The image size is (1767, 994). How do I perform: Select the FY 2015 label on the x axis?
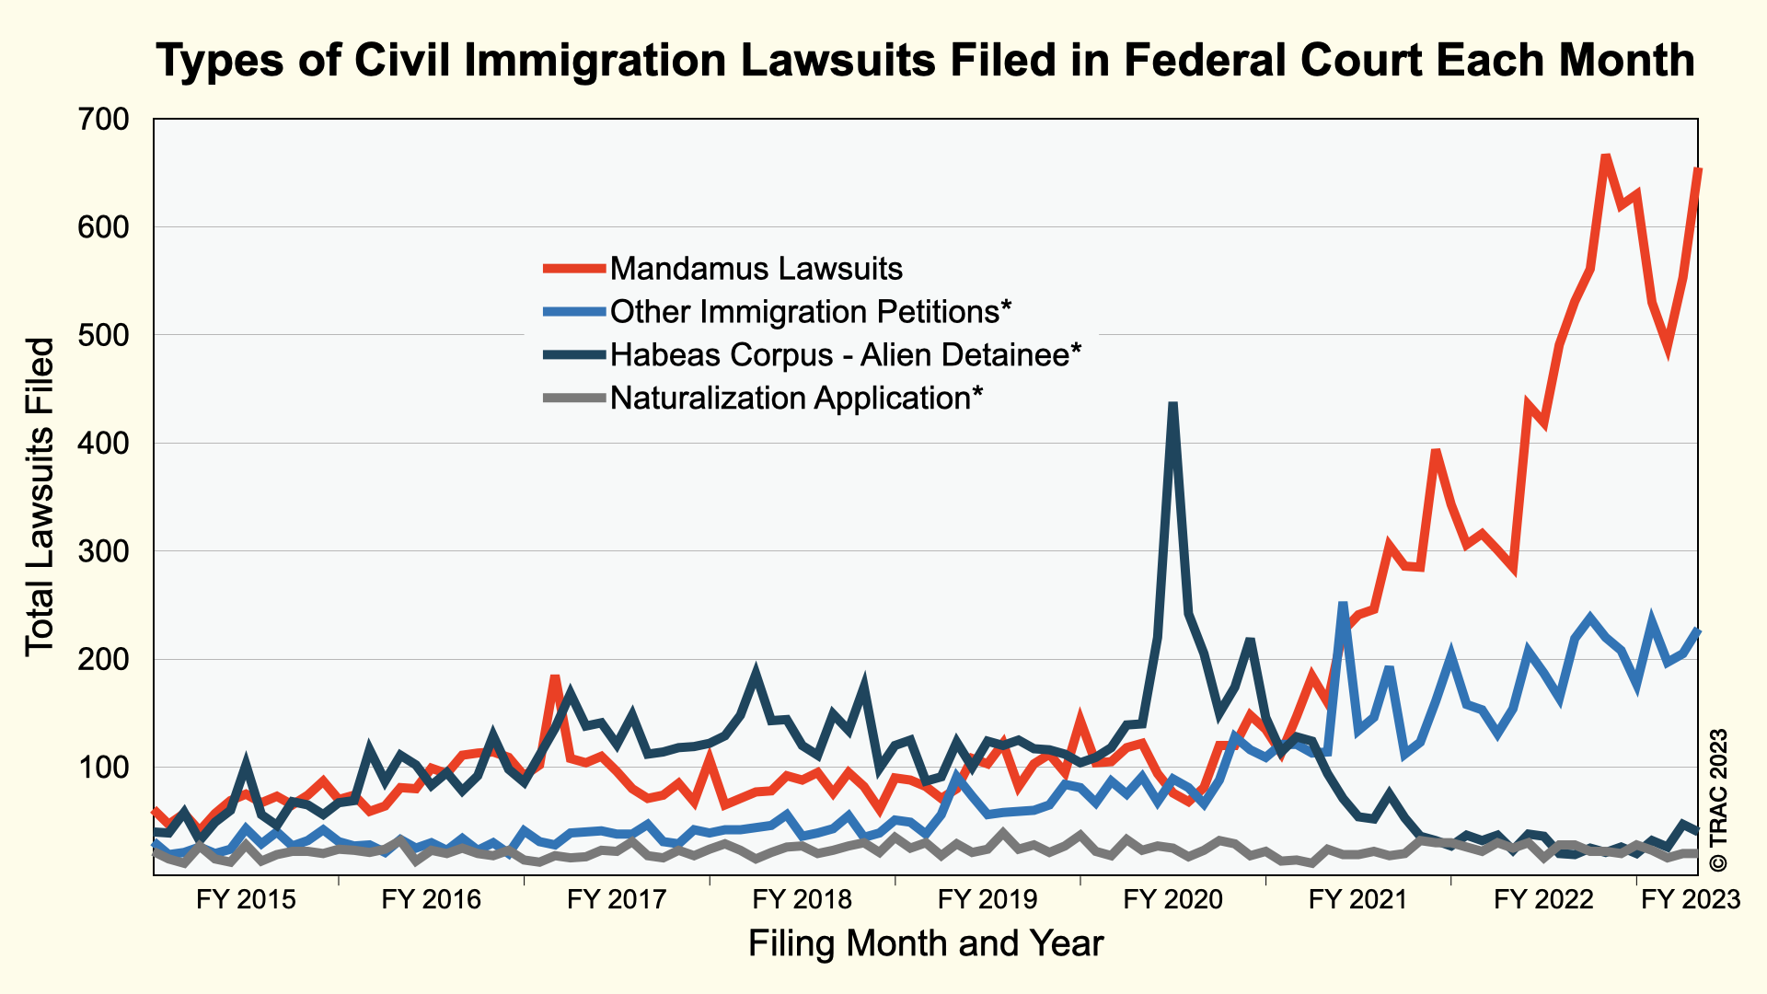246,899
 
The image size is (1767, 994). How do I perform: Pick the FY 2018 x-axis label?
803,899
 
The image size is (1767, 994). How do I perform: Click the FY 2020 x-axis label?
1173,899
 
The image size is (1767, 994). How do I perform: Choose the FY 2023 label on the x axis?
1692,899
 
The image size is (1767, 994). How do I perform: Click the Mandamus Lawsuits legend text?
756,269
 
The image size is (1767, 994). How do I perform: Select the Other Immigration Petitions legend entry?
810,312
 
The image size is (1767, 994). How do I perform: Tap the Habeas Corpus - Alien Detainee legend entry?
845,354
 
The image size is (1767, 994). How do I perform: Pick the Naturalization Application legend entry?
796,398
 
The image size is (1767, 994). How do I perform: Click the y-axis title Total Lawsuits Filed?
40,497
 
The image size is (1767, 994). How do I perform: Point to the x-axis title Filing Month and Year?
926,944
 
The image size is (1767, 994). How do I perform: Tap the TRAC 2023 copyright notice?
1717,801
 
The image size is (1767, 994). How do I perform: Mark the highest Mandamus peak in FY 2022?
1605,156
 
